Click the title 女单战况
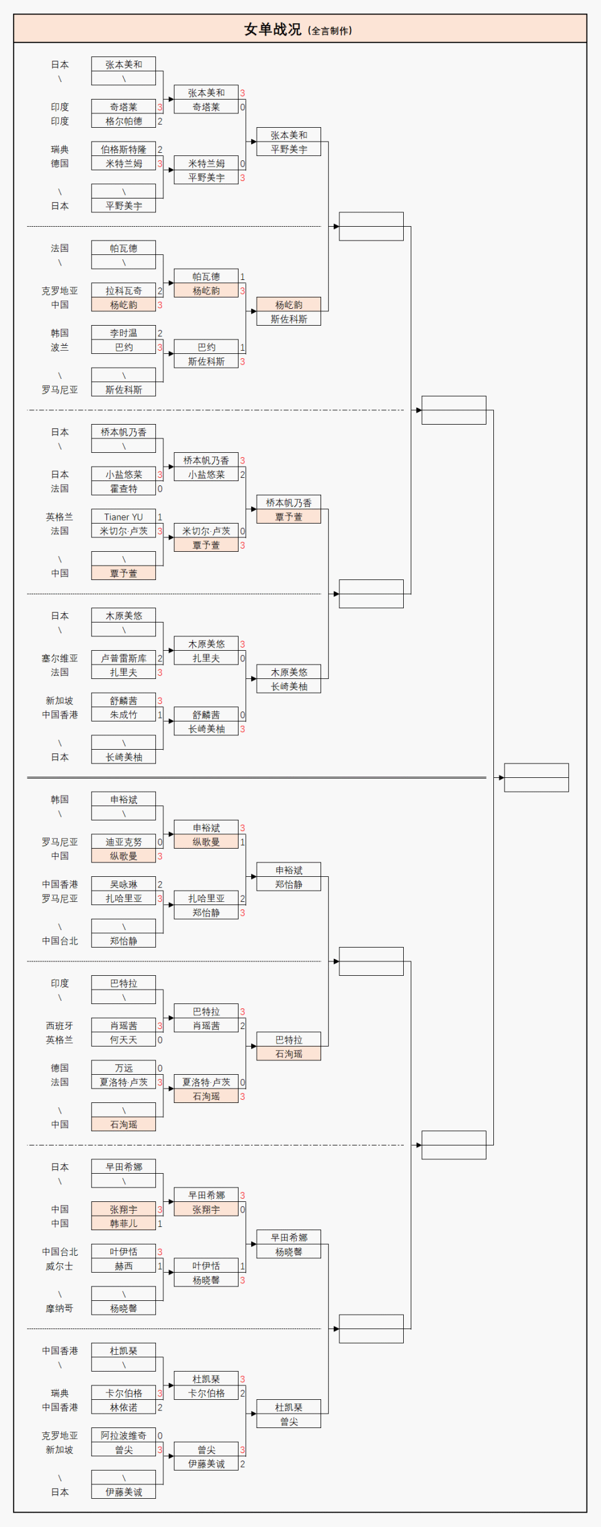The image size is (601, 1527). [x=272, y=29]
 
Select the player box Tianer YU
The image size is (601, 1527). [x=123, y=517]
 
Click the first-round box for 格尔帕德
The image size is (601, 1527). [x=123, y=121]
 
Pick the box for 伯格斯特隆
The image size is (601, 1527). [x=123, y=149]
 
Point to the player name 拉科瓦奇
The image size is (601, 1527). [x=123, y=291]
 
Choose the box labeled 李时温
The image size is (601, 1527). [x=123, y=333]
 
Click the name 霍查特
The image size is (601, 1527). [x=123, y=489]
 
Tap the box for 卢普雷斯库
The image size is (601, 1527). [x=123, y=658]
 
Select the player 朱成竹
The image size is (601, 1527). [x=123, y=715]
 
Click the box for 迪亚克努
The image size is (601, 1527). [x=123, y=842]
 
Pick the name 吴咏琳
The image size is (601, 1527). [x=123, y=884]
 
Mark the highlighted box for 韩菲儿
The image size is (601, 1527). [x=123, y=1223]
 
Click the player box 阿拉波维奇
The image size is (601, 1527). [x=123, y=1436]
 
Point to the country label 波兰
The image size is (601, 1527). [x=60, y=347]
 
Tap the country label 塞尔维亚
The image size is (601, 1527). [x=60, y=658]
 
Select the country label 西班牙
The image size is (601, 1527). [x=60, y=1026]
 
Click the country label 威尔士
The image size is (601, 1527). [x=60, y=1266]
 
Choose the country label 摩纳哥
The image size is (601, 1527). [x=60, y=1308]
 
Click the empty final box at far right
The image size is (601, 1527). [x=537, y=777]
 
